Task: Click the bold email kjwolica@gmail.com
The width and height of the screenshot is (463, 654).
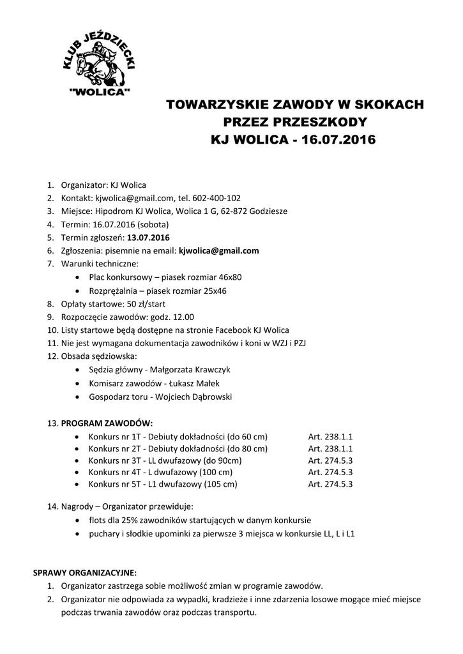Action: pyautogui.click(x=218, y=251)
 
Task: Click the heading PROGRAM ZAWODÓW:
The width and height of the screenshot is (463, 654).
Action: pyautogui.click(x=107, y=423)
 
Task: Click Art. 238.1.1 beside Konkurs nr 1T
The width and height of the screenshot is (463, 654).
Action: pyautogui.click(x=330, y=436)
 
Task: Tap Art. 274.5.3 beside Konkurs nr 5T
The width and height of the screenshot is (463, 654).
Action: pyautogui.click(x=330, y=484)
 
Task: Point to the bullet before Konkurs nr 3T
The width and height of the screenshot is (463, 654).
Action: pyautogui.click(x=77, y=460)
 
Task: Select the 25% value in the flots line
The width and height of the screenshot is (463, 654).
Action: pyautogui.click(x=126, y=520)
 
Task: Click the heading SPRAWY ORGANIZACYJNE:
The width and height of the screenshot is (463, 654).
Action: pyautogui.click(x=85, y=572)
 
